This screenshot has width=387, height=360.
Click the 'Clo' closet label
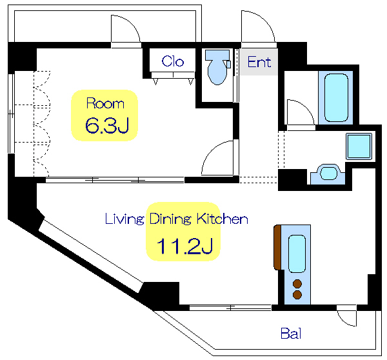point(173,61)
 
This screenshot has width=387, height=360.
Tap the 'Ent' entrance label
point(259,62)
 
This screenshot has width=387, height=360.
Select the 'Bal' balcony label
point(291,334)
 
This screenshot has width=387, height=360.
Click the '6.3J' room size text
point(107,125)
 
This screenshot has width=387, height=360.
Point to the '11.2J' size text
point(184,246)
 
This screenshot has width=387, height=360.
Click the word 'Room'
point(105,103)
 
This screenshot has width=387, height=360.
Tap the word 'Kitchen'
point(222,219)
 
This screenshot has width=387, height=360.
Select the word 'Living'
point(124,219)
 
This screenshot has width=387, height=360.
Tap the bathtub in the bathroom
point(336,98)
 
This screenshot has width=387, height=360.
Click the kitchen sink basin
point(297,254)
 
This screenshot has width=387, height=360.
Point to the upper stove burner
point(297,284)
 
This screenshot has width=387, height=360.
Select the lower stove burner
point(297,295)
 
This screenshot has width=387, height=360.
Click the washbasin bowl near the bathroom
point(328,173)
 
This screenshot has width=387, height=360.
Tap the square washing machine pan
point(359,146)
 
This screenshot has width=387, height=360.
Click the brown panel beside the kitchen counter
point(277,247)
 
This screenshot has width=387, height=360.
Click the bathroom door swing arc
point(306,106)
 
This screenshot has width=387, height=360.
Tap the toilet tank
point(217,55)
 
